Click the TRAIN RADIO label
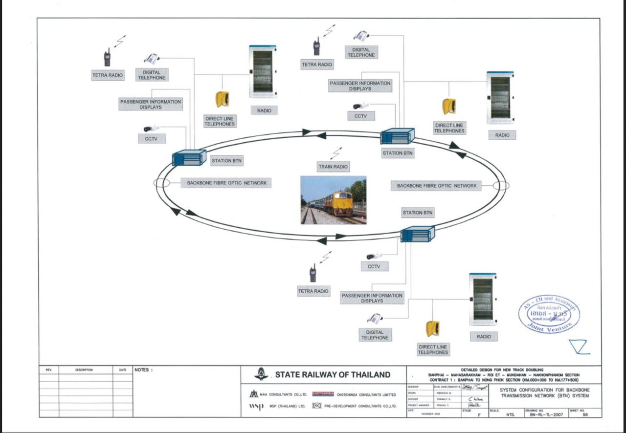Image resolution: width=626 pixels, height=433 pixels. coord(333,167)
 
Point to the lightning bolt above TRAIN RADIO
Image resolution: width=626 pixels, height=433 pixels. coord(337,154)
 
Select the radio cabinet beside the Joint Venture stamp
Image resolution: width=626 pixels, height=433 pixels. coord(482,299)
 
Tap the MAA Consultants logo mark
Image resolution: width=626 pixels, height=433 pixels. coord(253,394)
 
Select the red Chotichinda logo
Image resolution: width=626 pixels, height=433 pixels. coord(323,394)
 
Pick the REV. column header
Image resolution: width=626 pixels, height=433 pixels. coord(49,370)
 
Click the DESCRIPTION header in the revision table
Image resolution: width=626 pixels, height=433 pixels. coord(84,370)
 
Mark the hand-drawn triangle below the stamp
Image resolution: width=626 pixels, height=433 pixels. coord(580,346)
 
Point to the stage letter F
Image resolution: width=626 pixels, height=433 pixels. coord(479,414)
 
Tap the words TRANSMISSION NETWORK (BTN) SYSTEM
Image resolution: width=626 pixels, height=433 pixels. coord(545,396)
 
